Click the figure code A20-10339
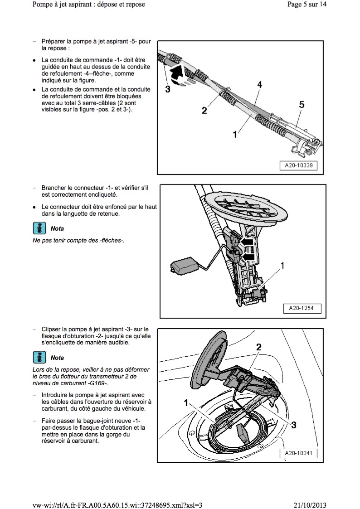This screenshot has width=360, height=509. pyautogui.click(x=298, y=166)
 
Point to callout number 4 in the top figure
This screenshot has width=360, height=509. pyautogui.click(x=259, y=85)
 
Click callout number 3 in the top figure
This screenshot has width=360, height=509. pyautogui.click(x=167, y=89)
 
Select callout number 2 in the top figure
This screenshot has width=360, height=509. pyautogui.click(x=204, y=110)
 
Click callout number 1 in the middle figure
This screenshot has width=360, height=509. pyautogui.click(x=282, y=266)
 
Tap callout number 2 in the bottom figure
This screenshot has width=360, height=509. pyautogui.click(x=259, y=347)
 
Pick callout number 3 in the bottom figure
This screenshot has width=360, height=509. pyautogui.click(x=294, y=425)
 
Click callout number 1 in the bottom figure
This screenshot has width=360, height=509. pyautogui.click(x=186, y=402)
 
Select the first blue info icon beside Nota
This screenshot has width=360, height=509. pyautogui.click(x=39, y=228)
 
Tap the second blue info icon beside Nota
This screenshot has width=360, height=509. pyautogui.click(x=39, y=357)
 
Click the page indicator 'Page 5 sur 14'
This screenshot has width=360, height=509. pyautogui.click(x=307, y=5)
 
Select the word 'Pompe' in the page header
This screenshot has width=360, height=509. pyautogui.click(x=44, y=5)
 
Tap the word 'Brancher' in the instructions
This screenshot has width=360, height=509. pyautogui.click(x=54, y=187)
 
